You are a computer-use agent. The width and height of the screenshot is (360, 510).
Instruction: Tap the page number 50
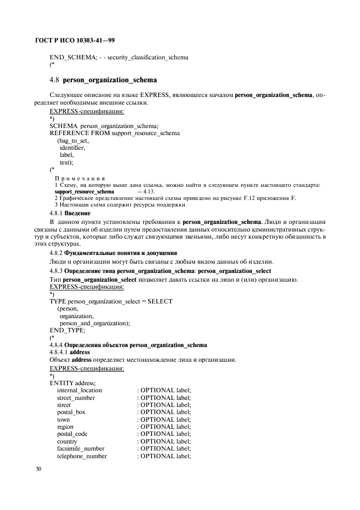[x=39, y=469]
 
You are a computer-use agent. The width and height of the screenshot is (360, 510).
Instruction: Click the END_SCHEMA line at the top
[x=119, y=57]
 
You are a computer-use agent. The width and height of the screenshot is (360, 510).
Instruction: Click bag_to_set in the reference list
[x=73, y=141]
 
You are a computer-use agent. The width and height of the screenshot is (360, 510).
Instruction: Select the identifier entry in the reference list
[x=72, y=148]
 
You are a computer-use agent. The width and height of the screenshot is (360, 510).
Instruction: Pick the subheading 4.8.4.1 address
[x=70, y=352]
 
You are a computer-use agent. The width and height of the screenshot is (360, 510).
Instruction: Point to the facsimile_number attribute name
[x=81, y=448]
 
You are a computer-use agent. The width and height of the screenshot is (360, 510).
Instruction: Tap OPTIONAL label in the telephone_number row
[x=165, y=456]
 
